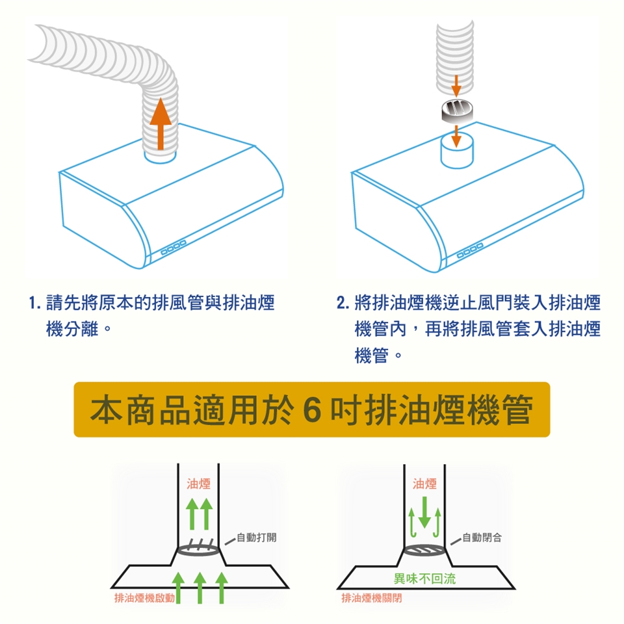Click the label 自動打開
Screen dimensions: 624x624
click(x=257, y=537)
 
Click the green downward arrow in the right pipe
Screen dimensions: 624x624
click(x=424, y=512)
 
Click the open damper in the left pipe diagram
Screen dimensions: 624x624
click(x=200, y=548)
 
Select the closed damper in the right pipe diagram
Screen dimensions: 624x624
click(x=425, y=551)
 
